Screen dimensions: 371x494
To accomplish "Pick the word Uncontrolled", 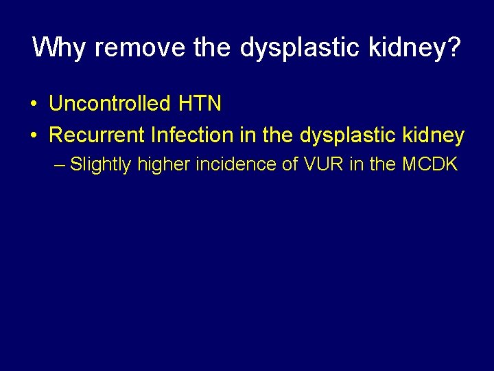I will [x=109, y=104].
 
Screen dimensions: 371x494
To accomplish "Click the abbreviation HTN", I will [x=200, y=104].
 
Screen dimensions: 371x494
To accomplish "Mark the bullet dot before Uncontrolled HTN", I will [x=33, y=104].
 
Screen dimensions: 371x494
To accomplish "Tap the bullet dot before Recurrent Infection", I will [x=33, y=135].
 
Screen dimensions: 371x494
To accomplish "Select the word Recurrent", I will [x=97, y=135].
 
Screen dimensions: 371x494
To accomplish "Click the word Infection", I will [x=183, y=135].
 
